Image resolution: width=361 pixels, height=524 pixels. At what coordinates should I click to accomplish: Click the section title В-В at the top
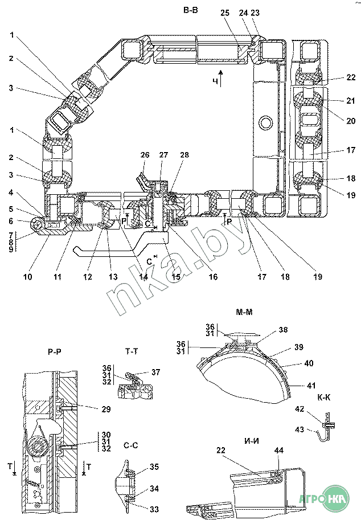[190, 10]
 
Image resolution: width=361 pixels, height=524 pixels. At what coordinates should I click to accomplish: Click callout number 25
[225, 13]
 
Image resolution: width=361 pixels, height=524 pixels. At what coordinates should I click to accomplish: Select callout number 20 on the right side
[351, 121]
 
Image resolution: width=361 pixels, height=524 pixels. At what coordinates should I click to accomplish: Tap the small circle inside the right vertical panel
[266, 122]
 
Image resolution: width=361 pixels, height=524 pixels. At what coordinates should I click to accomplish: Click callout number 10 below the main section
[28, 277]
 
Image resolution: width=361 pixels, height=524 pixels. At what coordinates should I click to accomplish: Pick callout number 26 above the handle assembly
[145, 155]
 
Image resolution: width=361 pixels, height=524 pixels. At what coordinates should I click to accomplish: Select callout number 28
[184, 155]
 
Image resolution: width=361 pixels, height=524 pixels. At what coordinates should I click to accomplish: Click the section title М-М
[244, 312]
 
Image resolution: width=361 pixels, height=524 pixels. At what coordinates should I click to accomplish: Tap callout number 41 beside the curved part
[311, 386]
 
